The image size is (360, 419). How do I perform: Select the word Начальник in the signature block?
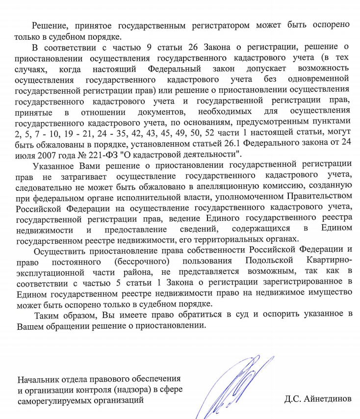point(39,379)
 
